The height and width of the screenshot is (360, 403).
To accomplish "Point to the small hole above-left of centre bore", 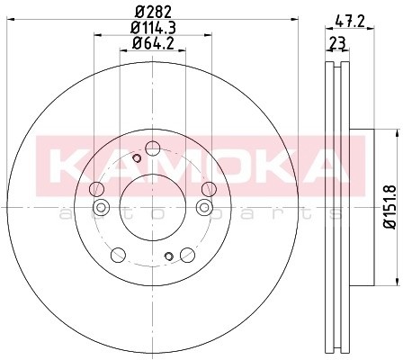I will point(136,159).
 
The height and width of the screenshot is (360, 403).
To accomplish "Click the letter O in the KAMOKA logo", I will point(223,165).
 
